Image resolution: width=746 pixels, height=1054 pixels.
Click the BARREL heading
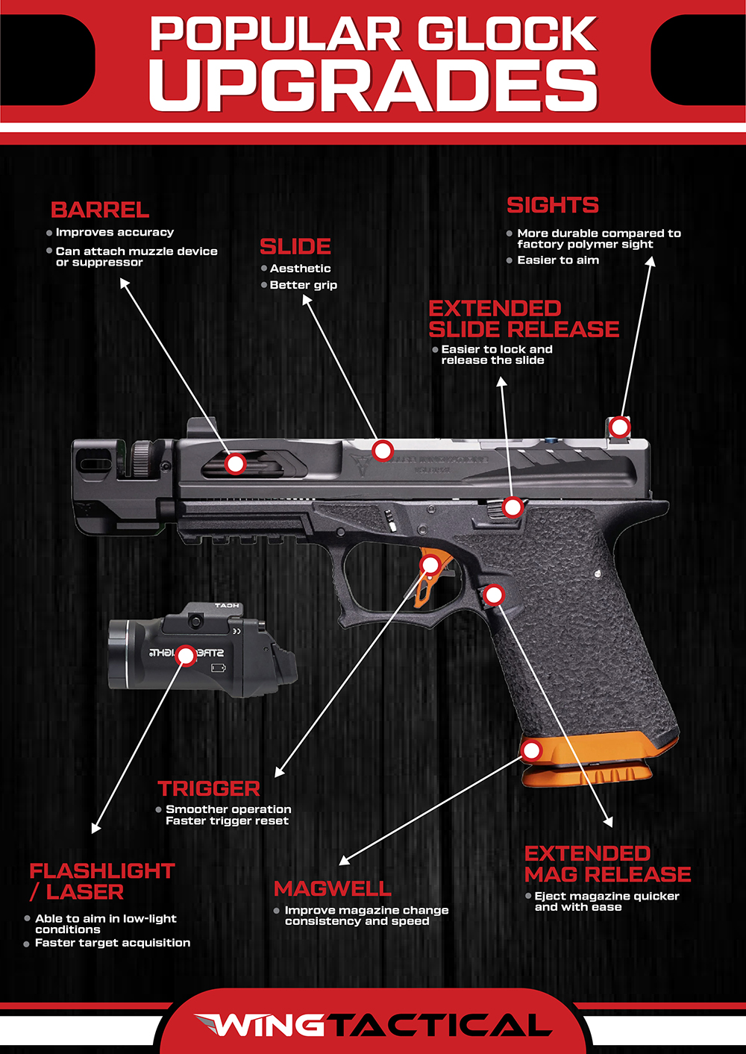100,210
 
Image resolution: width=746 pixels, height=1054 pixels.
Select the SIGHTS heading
552,205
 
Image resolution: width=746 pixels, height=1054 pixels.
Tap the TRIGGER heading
209,788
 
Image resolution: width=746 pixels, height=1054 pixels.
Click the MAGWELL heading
332,888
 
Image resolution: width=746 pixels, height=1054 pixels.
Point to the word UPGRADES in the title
373,85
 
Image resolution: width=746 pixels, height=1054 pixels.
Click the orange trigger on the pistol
427,578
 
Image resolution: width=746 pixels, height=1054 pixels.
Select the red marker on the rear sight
619,427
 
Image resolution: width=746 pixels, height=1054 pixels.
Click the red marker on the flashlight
186,656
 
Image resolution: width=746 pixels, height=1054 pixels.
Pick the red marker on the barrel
236,463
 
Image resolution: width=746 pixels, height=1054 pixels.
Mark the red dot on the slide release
512,507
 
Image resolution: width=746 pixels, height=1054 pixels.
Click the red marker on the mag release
493,595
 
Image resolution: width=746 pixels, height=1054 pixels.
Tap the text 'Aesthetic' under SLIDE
300,269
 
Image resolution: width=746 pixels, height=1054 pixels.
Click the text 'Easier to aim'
558,260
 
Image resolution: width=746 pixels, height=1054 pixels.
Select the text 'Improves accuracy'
114,233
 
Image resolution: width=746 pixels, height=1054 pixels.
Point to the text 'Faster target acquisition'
113,943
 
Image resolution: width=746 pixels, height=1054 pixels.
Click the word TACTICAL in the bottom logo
440,1025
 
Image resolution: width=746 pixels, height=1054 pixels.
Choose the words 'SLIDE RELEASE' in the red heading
524,329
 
